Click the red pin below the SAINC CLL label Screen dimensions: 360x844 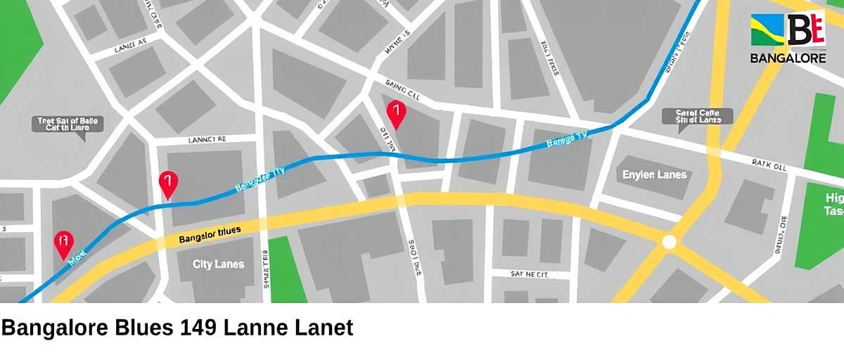397,112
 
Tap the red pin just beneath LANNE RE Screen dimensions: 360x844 168,184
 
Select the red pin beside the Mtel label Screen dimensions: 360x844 64,243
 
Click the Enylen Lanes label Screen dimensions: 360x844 654,174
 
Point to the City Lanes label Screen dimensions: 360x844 219,264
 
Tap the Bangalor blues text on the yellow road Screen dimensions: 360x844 210,235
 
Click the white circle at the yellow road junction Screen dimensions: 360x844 669,243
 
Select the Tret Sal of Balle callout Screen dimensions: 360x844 68,125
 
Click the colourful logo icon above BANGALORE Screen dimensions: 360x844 788,30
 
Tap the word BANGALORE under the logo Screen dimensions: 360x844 788,58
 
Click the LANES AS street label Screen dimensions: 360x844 130,46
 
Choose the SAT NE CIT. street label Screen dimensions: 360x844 529,274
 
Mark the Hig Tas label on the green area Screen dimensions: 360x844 833,204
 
